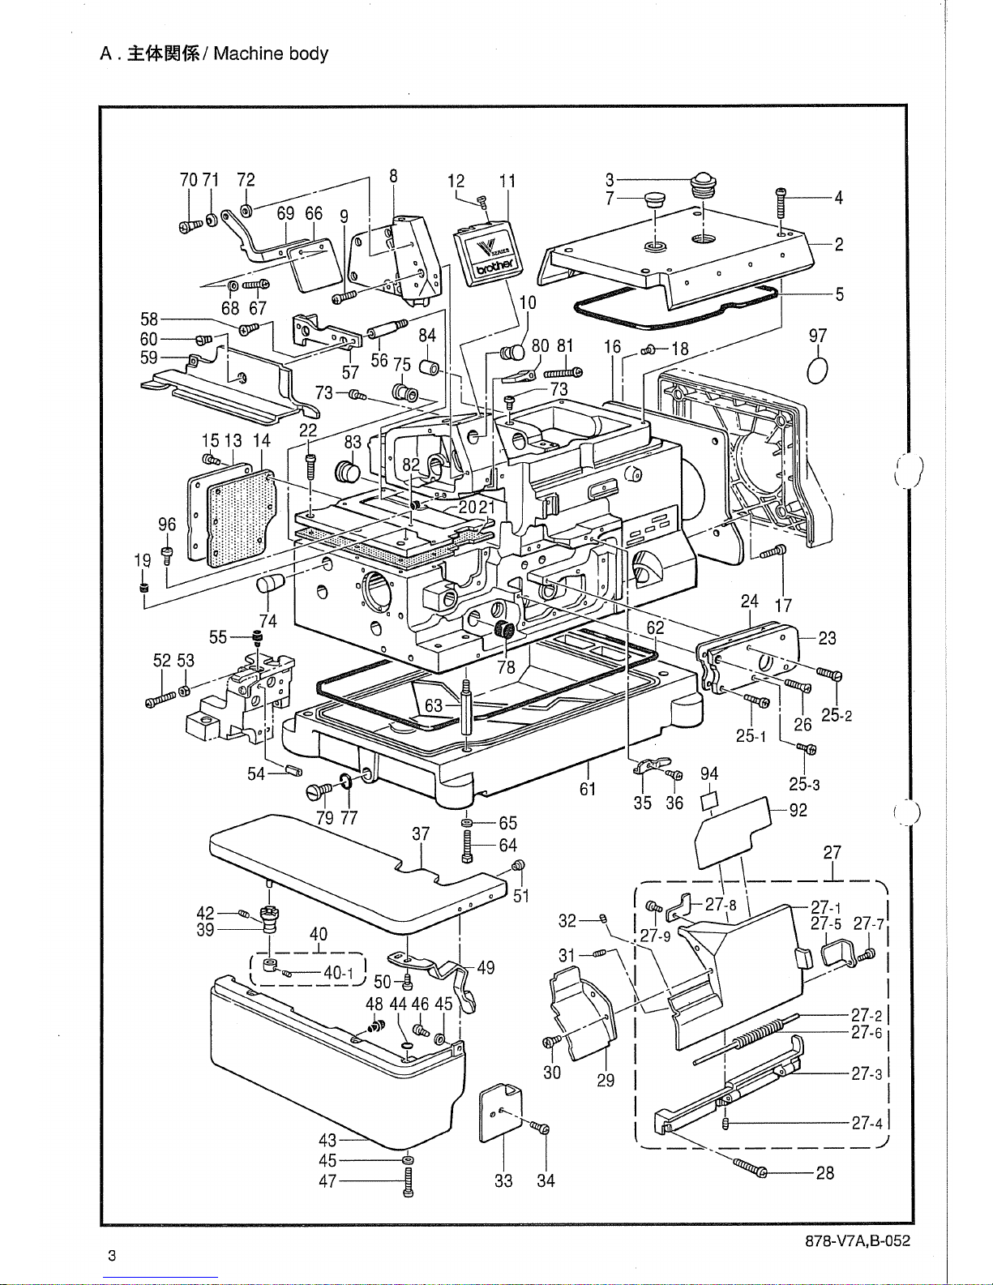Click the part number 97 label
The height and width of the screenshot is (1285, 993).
click(817, 336)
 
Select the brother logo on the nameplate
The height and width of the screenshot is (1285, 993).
click(494, 267)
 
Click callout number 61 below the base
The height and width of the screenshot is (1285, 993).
click(588, 788)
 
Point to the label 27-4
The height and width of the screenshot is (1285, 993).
click(867, 1122)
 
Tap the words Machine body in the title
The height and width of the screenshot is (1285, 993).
click(271, 54)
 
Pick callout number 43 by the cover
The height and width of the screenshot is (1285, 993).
click(327, 1140)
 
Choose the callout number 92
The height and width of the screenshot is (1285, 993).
click(798, 810)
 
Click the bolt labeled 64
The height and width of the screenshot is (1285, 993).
click(467, 846)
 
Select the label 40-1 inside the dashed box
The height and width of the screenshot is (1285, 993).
click(339, 972)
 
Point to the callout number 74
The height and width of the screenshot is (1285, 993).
click(268, 621)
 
